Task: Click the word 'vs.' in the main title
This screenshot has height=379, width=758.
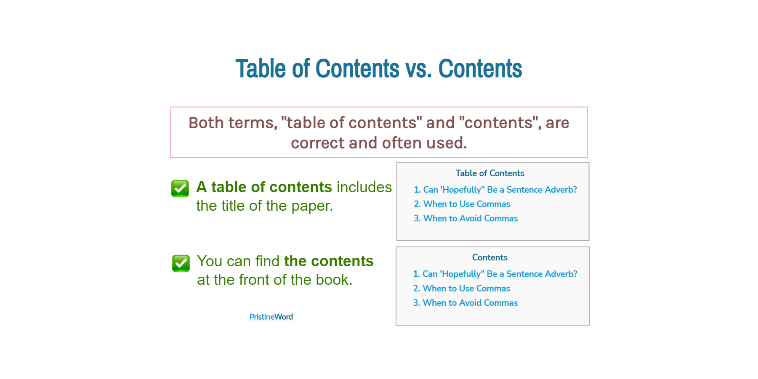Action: pos(418,69)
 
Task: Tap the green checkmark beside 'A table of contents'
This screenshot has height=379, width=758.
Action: pos(180,188)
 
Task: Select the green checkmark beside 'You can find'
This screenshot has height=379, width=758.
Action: pos(181,263)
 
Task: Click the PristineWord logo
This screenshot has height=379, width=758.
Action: pos(271,317)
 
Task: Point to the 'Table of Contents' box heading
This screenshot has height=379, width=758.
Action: pos(490,173)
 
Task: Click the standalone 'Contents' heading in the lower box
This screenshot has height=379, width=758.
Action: pos(489,257)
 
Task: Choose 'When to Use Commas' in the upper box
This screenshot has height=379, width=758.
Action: pos(466,204)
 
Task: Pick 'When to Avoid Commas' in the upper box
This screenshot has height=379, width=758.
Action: pos(470,218)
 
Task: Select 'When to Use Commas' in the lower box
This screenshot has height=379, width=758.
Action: pos(466,289)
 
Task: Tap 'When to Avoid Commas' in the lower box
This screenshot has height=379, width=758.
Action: pos(470,303)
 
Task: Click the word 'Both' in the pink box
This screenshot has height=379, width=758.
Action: pos(206,123)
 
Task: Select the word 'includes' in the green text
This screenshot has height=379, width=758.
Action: pos(364,187)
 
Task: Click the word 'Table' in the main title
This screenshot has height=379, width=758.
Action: pos(261,69)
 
